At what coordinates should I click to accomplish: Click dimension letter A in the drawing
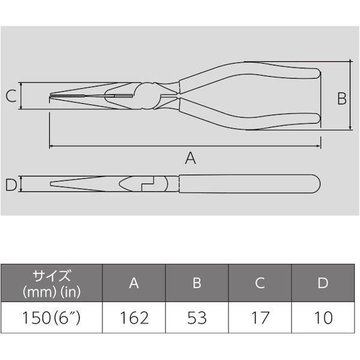coord(190,158)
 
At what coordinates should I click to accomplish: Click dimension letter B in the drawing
coord(341,98)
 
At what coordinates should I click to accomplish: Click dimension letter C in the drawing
coord(10,96)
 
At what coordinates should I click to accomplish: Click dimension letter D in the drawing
coord(10,185)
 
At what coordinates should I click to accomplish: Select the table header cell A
coord(134,284)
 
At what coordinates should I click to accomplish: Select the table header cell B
coord(196,284)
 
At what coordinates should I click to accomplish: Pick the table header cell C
coord(259,284)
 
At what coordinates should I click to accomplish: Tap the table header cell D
coord(322,284)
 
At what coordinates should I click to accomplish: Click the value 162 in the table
coord(134,317)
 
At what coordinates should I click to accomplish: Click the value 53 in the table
coord(196,317)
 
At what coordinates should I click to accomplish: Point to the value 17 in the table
coord(259,317)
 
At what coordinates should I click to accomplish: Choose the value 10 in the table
coord(322,317)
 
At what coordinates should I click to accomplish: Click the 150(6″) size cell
coord(51,317)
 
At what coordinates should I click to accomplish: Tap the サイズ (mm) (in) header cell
coord(51,284)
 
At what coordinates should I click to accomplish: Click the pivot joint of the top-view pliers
coord(148,95)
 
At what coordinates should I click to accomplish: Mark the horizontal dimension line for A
coord(120,146)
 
